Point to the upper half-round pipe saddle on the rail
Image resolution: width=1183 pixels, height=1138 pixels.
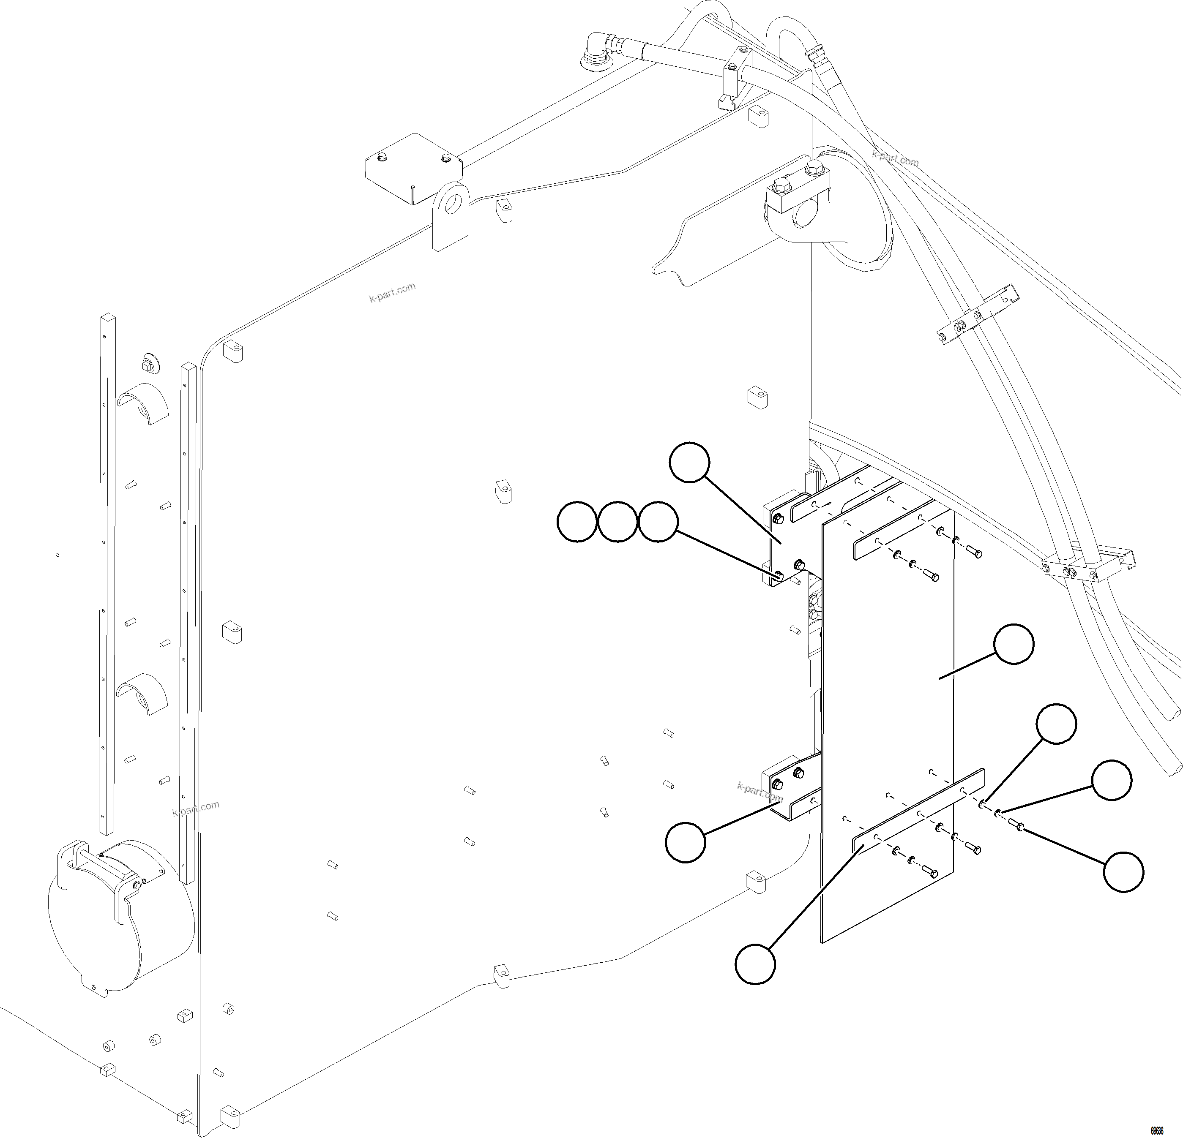click(x=142, y=401)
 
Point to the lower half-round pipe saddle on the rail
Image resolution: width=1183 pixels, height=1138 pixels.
click(x=142, y=693)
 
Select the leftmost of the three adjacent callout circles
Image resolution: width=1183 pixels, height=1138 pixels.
click(x=576, y=521)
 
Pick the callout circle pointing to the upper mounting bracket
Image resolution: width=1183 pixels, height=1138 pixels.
click(x=690, y=462)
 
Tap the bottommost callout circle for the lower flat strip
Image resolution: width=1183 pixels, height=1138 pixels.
click(x=755, y=964)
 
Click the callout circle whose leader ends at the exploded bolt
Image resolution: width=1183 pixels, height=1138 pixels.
click(x=1123, y=871)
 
